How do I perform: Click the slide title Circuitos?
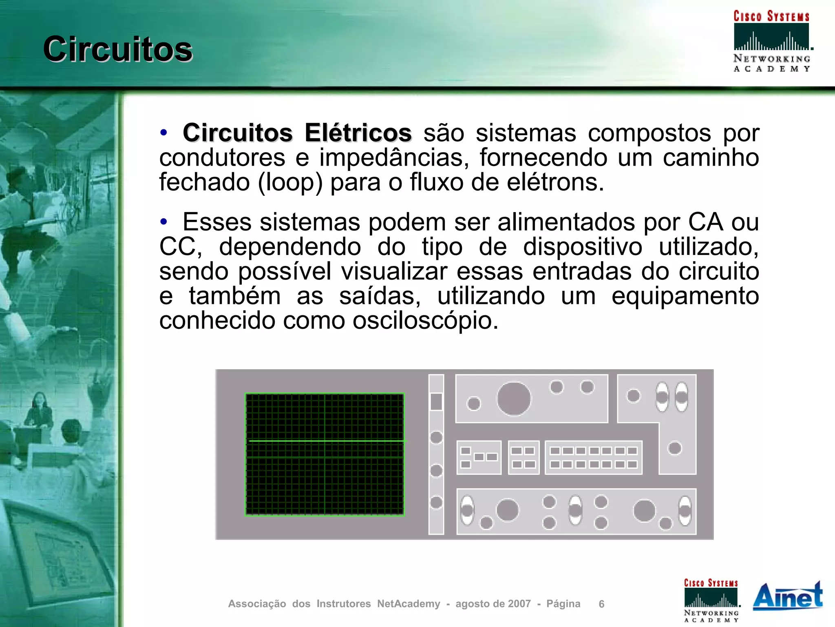(x=118, y=49)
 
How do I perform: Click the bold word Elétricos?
(x=358, y=133)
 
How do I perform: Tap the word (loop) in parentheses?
(x=290, y=182)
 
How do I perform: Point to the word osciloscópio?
(x=425, y=321)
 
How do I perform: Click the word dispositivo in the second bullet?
(x=583, y=247)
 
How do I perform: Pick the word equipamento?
(x=685, y=296)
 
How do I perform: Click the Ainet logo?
(x=787, y=596)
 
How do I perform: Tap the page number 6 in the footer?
(x=601, y=604)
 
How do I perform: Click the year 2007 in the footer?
(x=519, y=604)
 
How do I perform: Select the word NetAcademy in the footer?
(x=409, y=604)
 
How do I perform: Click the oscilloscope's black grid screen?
(x=325, y=454)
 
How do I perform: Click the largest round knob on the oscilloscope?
(x=514, y=399)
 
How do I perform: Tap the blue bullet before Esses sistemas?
(x=164, y=222)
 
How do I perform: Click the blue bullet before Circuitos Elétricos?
(x=164, y=133)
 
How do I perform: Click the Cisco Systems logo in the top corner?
(x=771, y=41)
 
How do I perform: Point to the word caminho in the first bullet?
(x=711, y=158)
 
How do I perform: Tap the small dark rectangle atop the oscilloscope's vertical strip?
(x=436, y=401)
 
